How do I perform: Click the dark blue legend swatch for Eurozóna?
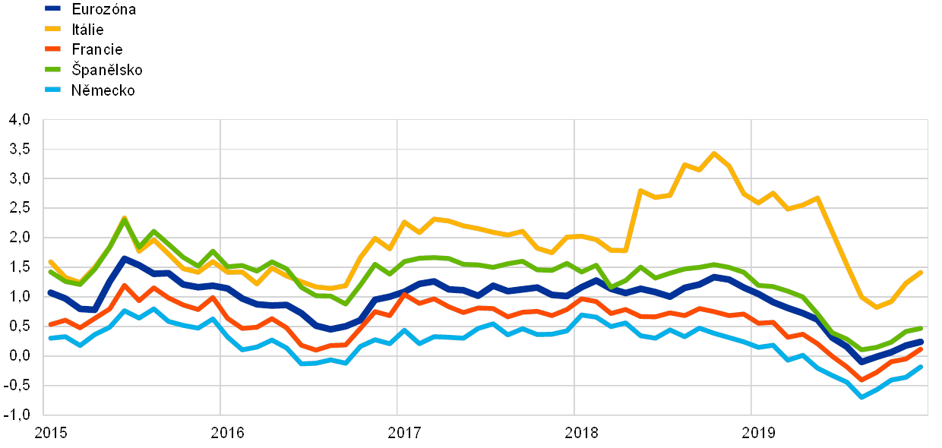click(x=53, y=8)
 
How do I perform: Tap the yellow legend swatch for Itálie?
click(x=53, y=29)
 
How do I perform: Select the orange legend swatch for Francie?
click(x=53, y=49)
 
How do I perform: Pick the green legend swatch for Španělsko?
click(x=53, y=70)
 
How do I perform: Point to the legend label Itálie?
click(x=89, y=30)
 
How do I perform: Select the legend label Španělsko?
click(x=107, y=70)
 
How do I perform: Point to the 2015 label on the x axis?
click(x=50, y=433)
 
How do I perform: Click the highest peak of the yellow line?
click(x=713, y=153)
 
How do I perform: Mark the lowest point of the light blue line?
click(x=861, y=397)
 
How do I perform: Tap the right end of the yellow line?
click(x=921, y=272)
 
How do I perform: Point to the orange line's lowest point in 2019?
click(x=861, y=380)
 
